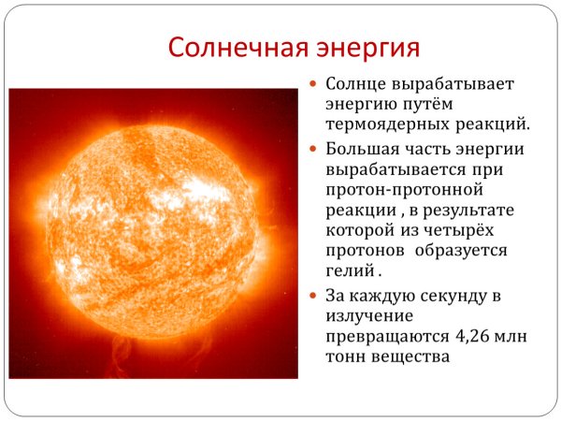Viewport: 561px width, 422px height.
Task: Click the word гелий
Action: click(x=349, y=272)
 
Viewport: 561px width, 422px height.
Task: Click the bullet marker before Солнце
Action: click(x=315, y=83)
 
